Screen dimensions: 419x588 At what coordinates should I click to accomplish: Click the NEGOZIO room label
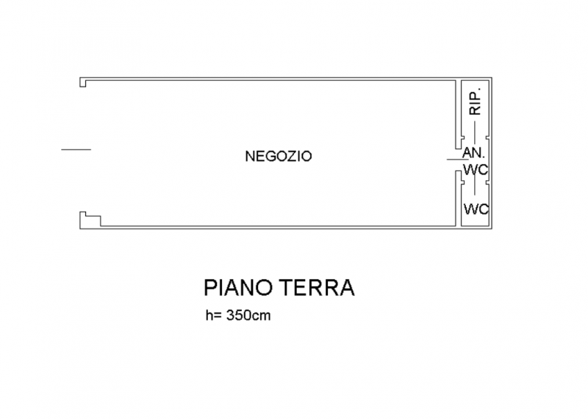[279, 156]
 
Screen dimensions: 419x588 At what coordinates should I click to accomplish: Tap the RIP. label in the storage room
[476, 101]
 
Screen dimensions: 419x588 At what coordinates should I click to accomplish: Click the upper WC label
[476, 170]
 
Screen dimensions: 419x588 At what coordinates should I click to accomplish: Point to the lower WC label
[476, 209]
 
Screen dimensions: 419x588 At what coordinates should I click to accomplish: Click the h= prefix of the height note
[214, 318]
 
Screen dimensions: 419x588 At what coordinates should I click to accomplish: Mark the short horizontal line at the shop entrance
[75, 150]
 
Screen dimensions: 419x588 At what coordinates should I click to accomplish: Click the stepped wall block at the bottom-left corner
[90, 219]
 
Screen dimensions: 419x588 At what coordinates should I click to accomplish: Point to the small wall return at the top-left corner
[84, 82]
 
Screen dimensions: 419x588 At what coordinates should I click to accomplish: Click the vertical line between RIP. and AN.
[476, 133]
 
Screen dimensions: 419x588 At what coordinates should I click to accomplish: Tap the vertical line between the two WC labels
[476, 188]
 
